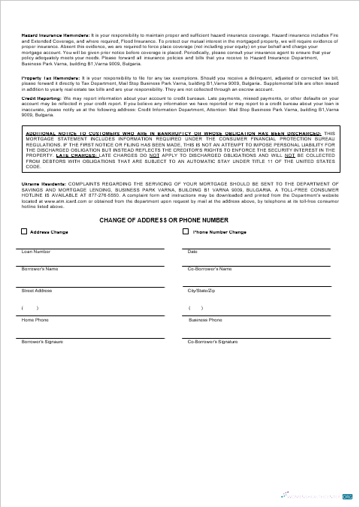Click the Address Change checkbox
pos(23,232)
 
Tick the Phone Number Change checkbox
pos(186,232)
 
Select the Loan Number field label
pos(36,252)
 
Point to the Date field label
pos(192,252)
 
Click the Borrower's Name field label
pos(40,269)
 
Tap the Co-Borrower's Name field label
pos(209,269)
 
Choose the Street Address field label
pos(37,290)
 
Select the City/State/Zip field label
pos(201,290)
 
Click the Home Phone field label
pos(35,320)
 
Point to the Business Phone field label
pos(205,320)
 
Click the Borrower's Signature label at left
pos(42,341)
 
